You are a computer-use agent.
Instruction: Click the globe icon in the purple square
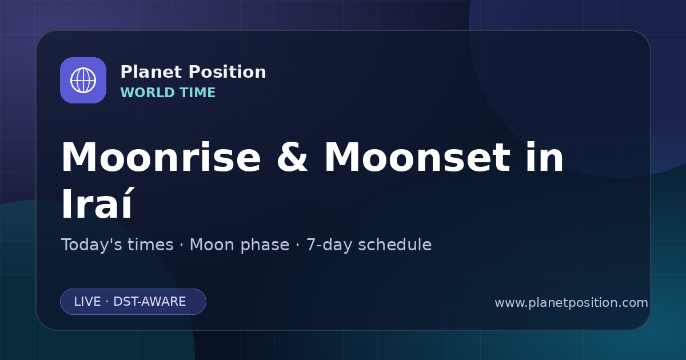point(83,80)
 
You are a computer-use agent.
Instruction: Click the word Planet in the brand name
point(151,72)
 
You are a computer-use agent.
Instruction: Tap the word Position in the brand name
point(228,72)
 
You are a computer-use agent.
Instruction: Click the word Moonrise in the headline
point(161,157)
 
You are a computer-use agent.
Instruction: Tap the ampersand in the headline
point(292,157)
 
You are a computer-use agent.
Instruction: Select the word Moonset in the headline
point(417,157)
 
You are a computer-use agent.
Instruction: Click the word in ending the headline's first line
point(545,157)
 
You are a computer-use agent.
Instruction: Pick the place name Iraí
point(97,203)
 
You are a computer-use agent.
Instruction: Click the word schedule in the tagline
point(395,245)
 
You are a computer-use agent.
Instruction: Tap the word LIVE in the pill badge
point(87,302)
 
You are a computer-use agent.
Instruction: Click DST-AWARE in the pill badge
point(150,302)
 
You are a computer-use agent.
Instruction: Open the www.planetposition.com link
point(572,303)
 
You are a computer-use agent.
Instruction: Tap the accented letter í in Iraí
point(129,203)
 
